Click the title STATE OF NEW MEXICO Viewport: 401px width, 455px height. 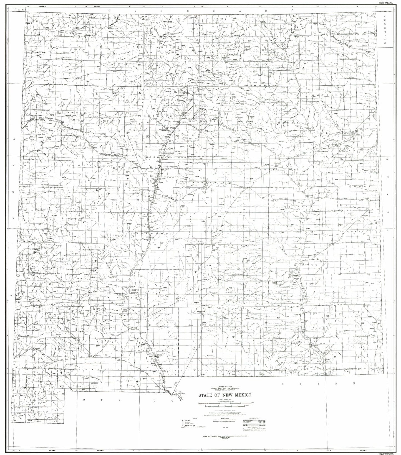point(225,395)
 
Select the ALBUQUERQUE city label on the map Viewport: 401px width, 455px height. point(168,153)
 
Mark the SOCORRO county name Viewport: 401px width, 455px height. point(152,234)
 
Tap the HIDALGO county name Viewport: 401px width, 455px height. point(41,391)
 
